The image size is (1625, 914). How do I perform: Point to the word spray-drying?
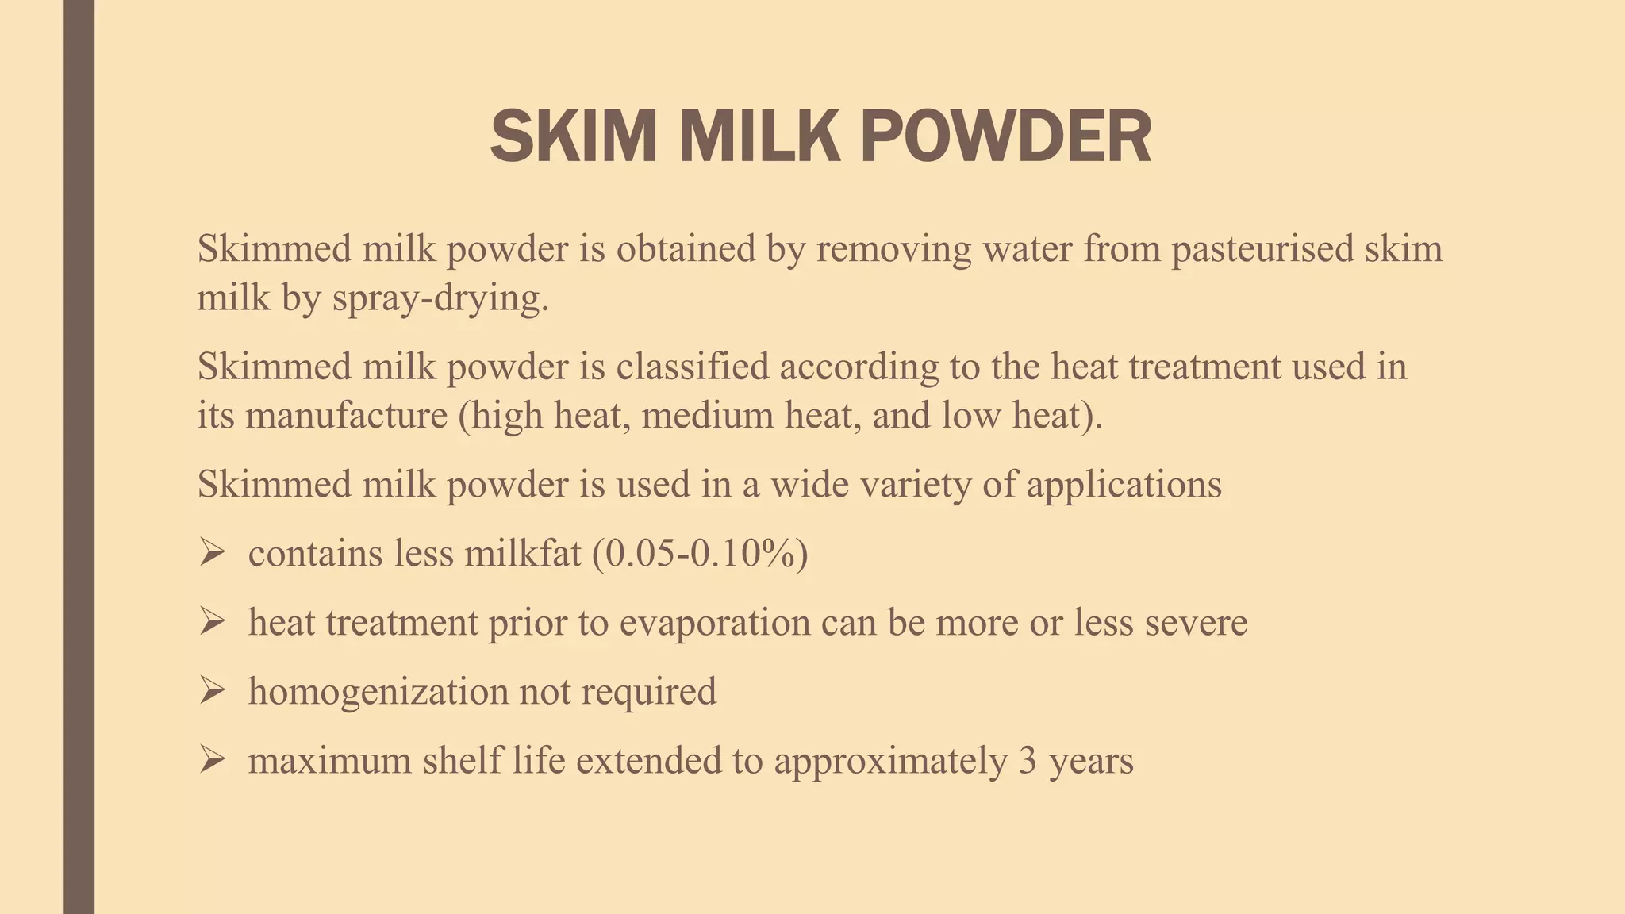click(x=440, y=299)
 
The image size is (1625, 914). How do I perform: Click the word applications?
click(x=1124, y=484)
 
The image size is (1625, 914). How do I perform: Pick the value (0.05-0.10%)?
click(x=700, y=553)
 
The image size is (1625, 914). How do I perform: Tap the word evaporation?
click(x=714, y=623)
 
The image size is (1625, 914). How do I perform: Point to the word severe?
click(x=1196, y=623)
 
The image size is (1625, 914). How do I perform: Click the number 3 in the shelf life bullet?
click(x=1028, y=761)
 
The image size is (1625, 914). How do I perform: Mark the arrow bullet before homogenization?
click(x=213, y=690)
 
